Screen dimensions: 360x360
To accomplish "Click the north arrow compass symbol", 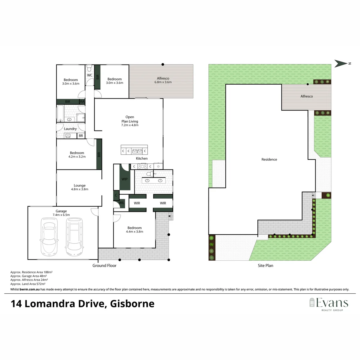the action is (342, 64).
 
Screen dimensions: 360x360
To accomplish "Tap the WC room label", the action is (90, 75).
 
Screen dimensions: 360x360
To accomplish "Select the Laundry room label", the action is (70, 129).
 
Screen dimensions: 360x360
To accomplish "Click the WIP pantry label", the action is (124, 179).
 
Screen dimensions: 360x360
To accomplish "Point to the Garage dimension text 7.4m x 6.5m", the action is (61, 215).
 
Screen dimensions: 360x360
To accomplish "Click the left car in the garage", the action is (49, 237).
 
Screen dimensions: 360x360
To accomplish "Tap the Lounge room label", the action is (79, 185).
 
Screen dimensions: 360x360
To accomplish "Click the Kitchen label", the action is (142, 158).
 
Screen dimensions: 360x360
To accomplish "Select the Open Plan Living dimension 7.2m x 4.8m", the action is (130, 125).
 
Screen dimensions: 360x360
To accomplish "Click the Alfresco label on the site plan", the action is (307, 96).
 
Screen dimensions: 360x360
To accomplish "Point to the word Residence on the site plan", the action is (269, 159).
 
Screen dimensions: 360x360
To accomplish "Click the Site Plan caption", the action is (265, 265).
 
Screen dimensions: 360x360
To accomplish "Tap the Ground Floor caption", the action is (104, 265).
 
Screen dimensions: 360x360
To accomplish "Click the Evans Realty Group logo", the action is (329, 304).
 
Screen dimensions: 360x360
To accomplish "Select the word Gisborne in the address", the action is (132, 304).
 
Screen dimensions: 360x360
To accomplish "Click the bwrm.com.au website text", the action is (29, 289).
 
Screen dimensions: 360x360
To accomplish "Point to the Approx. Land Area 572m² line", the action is (28, 284).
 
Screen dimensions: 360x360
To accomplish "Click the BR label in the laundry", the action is (81, 136).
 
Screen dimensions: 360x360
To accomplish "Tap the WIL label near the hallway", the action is (121, 203).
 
